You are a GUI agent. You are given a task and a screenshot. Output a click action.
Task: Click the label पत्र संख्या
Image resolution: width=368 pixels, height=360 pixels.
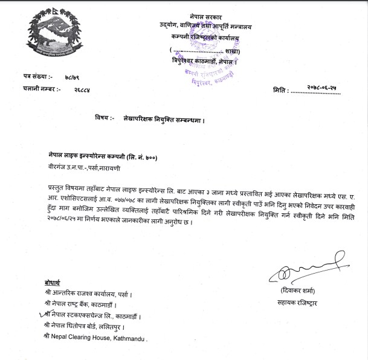click(38, 77)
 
